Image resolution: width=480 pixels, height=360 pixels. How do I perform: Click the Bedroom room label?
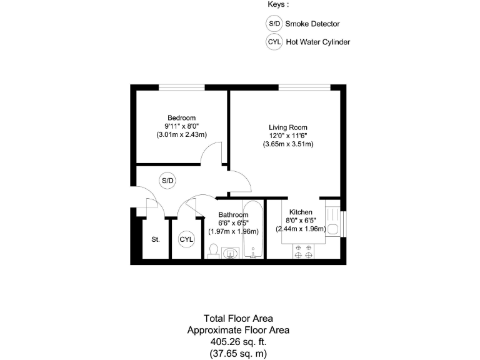point(181,117)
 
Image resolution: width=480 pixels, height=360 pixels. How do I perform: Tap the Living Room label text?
point(287,127)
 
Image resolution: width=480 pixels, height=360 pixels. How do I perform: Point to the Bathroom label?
point(233,215)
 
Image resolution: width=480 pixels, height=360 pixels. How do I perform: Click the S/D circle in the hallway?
point(167,181)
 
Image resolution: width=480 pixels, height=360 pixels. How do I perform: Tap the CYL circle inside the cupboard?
point(186,239)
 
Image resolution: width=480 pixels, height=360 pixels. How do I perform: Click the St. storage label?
point(155,239)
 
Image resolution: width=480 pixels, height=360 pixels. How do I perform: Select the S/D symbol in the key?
point(274,24)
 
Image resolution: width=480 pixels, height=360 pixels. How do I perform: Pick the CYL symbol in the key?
point(274,42)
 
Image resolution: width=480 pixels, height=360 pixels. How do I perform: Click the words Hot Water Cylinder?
point(317,42)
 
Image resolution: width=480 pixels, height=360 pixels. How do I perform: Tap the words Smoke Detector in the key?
point(312,24)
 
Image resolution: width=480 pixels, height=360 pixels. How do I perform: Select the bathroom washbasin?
point(231,252)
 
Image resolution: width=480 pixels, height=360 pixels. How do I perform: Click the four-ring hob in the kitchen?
point(303,251)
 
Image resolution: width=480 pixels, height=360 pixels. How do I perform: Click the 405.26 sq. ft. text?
point(239,342)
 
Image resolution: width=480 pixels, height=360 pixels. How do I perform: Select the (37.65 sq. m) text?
point(239,353)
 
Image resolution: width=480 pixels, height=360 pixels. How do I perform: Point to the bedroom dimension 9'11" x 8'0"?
point(181,126)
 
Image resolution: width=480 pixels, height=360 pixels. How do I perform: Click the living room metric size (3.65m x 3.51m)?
point(287,144)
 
